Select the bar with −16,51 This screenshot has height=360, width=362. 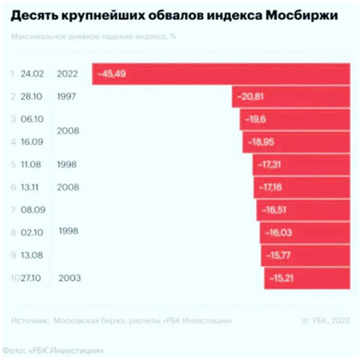303,210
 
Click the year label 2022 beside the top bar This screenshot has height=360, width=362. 68,74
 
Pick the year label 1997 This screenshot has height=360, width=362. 68,97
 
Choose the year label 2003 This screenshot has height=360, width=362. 70,278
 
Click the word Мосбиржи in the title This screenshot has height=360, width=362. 301,17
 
